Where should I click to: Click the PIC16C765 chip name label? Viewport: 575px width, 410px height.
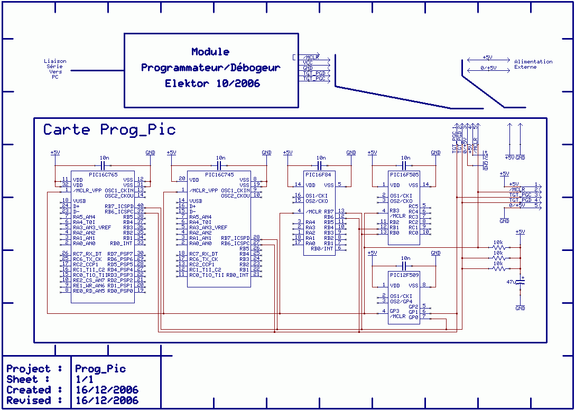(103, 174)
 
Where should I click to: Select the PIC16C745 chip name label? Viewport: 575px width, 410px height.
(219, 174)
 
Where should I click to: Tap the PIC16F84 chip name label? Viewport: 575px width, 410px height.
(320, 174)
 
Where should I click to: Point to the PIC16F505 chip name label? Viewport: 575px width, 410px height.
(404, 174)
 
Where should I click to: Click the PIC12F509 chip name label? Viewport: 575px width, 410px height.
(404, 275)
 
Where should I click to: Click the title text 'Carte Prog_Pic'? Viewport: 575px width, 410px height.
(109, 130)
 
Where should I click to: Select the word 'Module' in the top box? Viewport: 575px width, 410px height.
(210, 52)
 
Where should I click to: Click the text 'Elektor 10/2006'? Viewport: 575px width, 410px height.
(212, 83)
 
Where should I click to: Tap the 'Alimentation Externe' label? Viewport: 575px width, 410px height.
(533, 64)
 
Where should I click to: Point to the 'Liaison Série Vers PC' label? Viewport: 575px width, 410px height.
(55, 69)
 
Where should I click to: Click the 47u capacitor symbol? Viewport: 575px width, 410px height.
(521, 283)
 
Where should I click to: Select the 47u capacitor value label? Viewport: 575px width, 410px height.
(511, 283)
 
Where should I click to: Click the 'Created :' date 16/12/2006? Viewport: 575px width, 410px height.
(107, 390)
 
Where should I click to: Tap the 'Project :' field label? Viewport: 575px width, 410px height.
(34, 369)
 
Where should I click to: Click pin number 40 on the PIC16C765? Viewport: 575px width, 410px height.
(140, 206)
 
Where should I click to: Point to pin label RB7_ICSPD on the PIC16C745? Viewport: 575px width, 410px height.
(235, 238)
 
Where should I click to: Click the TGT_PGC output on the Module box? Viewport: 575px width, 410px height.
(314, 79)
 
